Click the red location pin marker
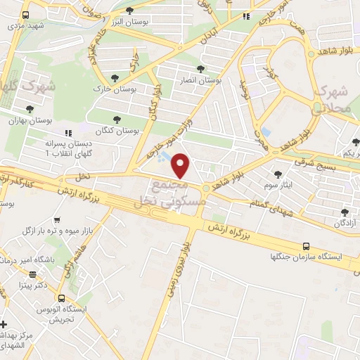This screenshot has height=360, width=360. [x=181, y=166]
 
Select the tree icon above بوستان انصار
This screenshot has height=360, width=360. [x=202, y=70]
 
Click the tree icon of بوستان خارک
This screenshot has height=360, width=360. [x=115, y=78]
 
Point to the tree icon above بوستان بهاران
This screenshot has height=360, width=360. [x=29, y=109]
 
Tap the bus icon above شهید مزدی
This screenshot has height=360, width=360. [x=25, y=15]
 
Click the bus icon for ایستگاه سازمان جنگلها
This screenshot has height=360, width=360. [x=305, y=246]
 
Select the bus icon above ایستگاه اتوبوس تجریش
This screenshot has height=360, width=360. [x=62, y=298]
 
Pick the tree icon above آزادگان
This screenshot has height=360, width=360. [x=344, y=212]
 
